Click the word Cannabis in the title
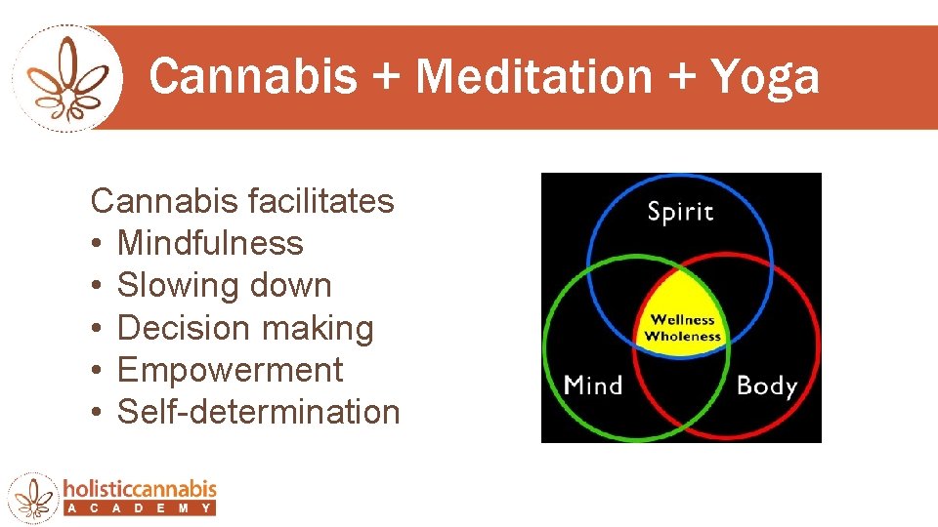pyautogui.click(x=252, y=76)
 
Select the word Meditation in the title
pyautogui.click(x=533, y=76)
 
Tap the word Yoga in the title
pyautogui.click(x=765, y=76)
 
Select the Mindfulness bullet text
pyautogui.click(x=210, y=244)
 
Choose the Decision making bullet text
pyautogui.click(x=245, y=328)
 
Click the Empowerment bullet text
pyautogui.click(x=230, y=370)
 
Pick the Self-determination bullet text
pyautogui.click(x=258, y=412)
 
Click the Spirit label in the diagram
pyautogui.click(x=680, y=211)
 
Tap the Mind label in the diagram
pyautogui.click(x=593, y=385)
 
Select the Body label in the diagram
pyautogui.click(x=766, y=385)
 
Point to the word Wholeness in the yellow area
pyautogui.click(x=683, y=337)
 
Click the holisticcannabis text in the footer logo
pyautogui.click(x=139, y=489)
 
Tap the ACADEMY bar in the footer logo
pyautogui.click(x=139, y=508)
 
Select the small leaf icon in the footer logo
pyautogui.click(x=34, y=496)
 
